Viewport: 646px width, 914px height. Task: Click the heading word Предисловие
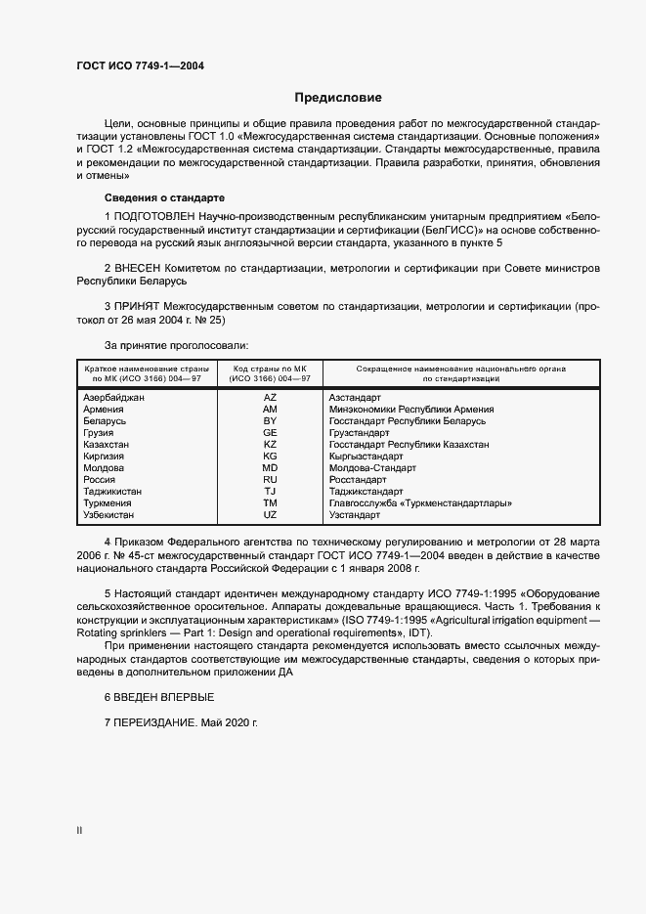pyautogui.click(x=338, y=98)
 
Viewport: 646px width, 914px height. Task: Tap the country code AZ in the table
pyautogui.click(x=271, y=398)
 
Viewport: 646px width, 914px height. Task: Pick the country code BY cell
pyautogui.click(x=271, y=421)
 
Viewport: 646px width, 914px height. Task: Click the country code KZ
pyautogui.click(x=271, y=445)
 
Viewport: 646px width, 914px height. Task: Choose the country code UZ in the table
pyautogui.click(x=271, y=514)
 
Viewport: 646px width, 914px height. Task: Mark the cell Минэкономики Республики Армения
pyautogui.click(x=411, y=410)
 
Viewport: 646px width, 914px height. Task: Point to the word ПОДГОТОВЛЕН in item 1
pyautogui.click(x=154, y=214)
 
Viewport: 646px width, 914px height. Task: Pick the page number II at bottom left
pyautogui.click(x=79, y=832)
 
